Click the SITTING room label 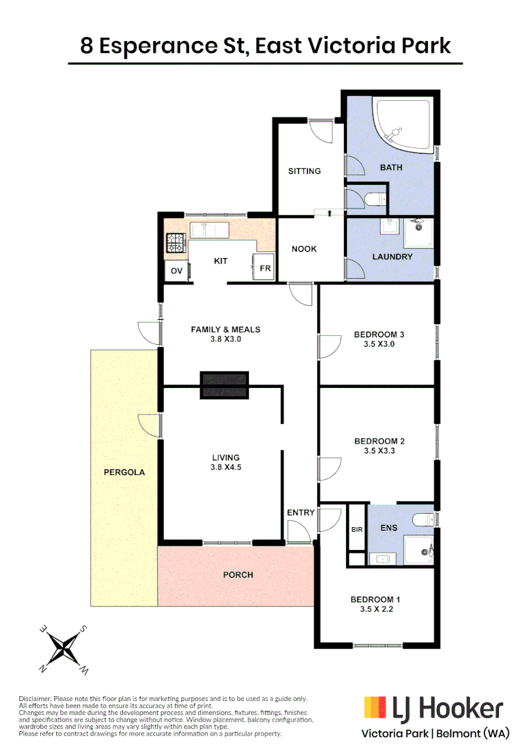(x=304, y=171)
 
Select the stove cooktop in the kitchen (x=174, y=243)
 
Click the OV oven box (x=176, y=271)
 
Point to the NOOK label (x=304, y=249)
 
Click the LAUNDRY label (x=392, y=257)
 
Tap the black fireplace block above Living (x=224, y=385)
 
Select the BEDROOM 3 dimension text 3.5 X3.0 (x=379, y=344)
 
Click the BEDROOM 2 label (x=379, y=441)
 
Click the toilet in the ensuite (x=421, y=520)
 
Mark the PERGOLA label (x=124, y=472)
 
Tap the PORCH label (x=238, y=575)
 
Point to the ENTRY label (x=300, y=512)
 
